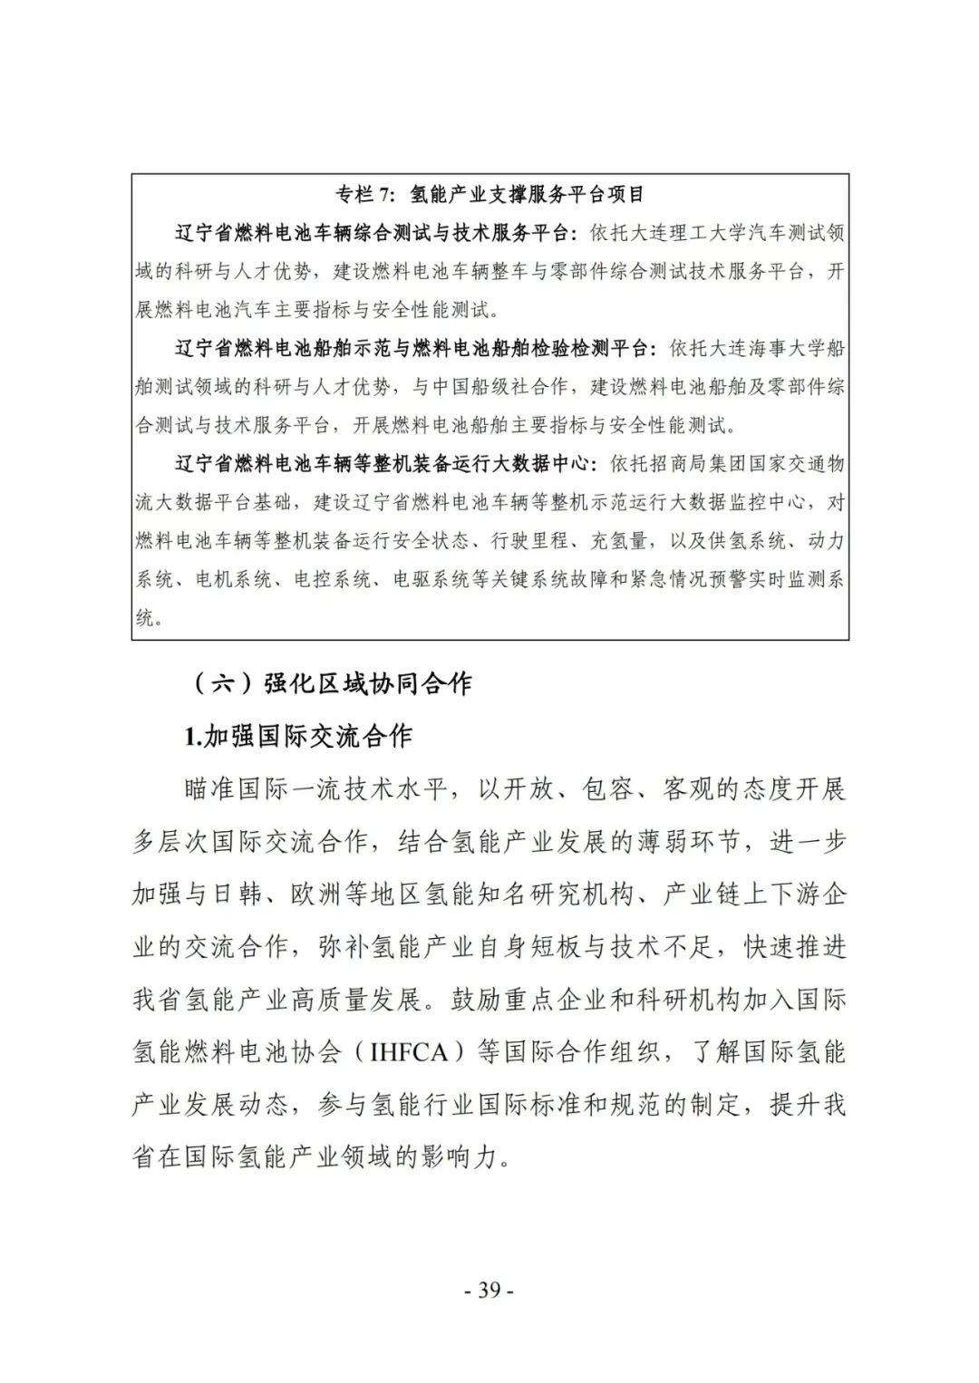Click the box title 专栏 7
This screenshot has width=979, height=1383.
click(362, 194)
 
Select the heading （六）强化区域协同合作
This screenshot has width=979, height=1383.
click(333, 682)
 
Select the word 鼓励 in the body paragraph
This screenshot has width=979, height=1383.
click(475, 1001)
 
